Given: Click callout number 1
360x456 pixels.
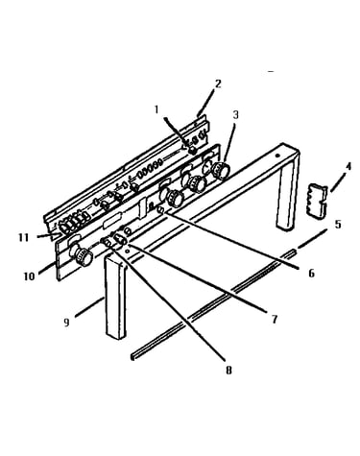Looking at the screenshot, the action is click(x=156, y=109).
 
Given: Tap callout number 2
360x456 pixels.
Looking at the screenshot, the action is click(x=218, y=84).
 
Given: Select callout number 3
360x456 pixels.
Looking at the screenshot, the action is click(x=236, y=114).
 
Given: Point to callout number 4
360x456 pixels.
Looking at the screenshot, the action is click(x=348, y=166).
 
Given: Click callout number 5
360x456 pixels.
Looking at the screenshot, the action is click(x=338, y=224).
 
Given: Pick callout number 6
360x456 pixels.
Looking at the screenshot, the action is click(x=311, y=273).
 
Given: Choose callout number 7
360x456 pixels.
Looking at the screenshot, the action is click(x=275, y=319).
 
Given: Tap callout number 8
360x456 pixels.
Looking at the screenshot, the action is click(x=228, y=371).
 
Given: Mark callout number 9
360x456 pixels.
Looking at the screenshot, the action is click(x=66, y=323).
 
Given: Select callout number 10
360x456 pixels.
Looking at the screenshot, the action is click(x=29, y=276).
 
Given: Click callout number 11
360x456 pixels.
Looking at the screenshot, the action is click(x=23, y=238).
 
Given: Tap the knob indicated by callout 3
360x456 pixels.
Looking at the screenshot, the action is click(x=221, y=170).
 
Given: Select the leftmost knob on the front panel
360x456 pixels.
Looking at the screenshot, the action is click(x=83, y=255).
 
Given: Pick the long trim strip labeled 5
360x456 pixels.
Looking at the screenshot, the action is click(x=212, y=304).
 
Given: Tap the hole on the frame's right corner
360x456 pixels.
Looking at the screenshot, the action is click(x=277, y=156).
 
